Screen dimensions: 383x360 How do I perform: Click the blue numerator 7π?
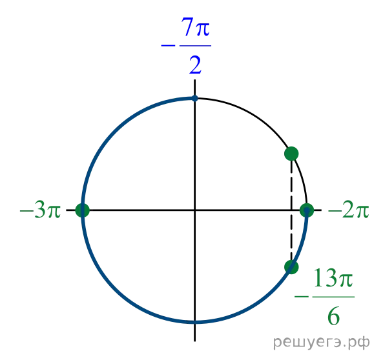point(195,27)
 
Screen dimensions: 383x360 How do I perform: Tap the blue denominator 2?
point(196,65)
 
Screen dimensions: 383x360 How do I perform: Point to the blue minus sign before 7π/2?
point(168,45)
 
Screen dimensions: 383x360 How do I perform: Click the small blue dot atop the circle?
point(194,98)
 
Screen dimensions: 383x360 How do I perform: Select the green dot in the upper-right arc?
point(291,154)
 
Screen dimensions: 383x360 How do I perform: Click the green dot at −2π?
point(307,210)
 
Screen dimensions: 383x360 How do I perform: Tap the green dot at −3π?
point(83,210)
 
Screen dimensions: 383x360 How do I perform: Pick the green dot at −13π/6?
point(291,267)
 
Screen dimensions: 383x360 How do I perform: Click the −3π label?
point(40,210)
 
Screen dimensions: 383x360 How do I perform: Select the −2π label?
point(349,210)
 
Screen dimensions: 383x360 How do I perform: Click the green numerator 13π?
point(333,278)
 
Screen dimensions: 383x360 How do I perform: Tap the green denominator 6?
point(334,317)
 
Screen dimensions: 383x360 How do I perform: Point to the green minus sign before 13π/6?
point(302,297)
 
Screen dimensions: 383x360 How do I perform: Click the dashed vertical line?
point(291,210)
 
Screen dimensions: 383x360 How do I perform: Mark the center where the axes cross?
point(194,210)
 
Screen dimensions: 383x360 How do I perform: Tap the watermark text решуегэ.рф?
point(322,343)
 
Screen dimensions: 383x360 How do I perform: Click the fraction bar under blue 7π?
point(196,46)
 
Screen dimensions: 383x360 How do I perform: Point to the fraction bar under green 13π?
point(333,297)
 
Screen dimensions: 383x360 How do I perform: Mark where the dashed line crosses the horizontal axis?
point(291,210)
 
